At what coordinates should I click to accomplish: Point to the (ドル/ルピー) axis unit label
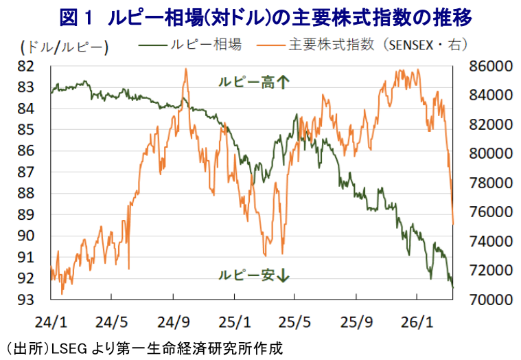65,47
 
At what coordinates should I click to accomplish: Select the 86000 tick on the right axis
485,66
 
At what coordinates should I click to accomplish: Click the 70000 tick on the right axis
485,300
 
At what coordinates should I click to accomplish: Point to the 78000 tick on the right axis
485,183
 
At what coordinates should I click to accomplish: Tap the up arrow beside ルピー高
283,82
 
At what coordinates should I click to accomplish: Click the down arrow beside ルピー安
283,276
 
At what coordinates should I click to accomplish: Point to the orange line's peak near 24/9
186,69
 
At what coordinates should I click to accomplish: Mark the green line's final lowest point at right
452,286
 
